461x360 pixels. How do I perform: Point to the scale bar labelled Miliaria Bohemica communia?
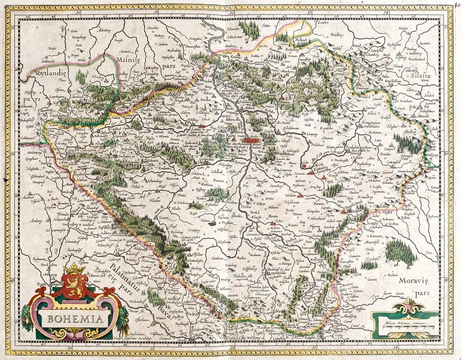406,328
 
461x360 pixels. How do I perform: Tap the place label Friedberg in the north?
337,34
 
